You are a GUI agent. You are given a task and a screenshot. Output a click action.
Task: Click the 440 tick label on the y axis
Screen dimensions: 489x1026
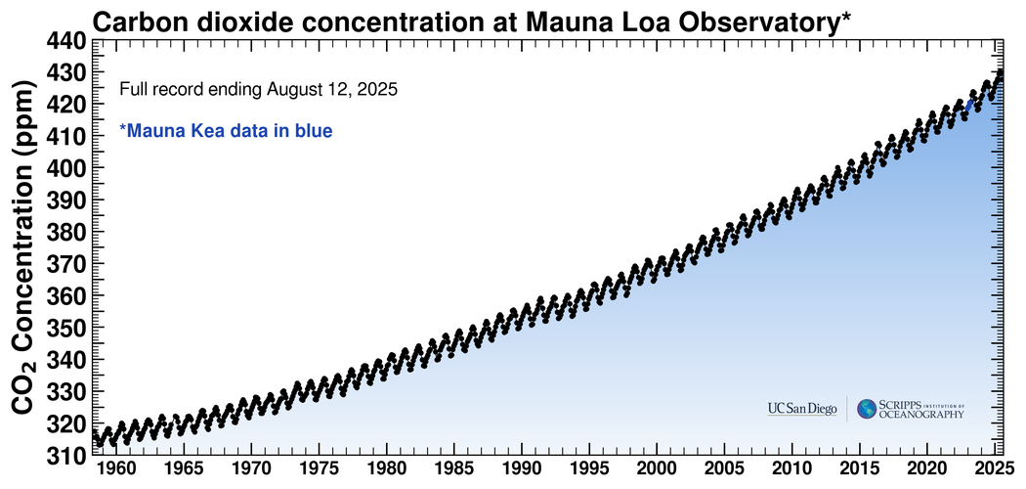point(65,40)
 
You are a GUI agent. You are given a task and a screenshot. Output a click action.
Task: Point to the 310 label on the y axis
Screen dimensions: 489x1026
point(65,456)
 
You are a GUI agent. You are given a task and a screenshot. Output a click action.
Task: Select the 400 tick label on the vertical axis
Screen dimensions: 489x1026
point(65,168)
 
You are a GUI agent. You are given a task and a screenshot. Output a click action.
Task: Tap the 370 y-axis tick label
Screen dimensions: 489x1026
point(65,264)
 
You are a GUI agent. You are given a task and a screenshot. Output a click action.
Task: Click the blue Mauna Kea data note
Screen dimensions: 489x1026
point(226,129)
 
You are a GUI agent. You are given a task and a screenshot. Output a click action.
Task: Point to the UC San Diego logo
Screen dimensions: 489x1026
point(801,409)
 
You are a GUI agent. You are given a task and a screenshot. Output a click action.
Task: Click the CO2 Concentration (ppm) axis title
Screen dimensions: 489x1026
point(23,248)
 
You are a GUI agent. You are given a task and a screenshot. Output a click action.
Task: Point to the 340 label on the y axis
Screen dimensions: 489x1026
point(65,360)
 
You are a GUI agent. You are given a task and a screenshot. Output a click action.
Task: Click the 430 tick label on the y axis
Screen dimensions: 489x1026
point(65,72)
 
